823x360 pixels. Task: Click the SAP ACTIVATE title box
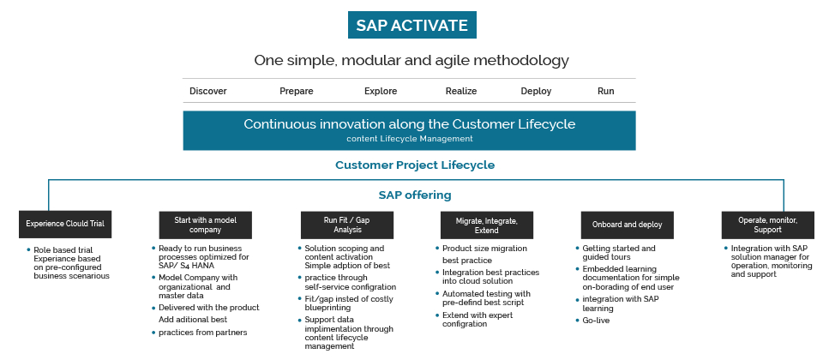(412, 25)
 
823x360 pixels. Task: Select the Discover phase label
(207, 92)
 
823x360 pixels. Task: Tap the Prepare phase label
(296, 92)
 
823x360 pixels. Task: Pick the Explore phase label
(381, 92)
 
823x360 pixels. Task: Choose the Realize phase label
(461, 92)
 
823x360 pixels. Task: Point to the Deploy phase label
(536, 92)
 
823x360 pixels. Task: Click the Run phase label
(606, 92)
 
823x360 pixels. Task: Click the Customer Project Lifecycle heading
(415, 165)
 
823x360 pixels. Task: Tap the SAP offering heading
(415, 195)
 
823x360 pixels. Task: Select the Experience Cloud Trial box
(65, 224)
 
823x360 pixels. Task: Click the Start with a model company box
(205, 225)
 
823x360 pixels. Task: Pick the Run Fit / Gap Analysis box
(347, 225)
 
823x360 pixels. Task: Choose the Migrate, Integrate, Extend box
(487, 225)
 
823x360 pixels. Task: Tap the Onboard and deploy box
(628, 225)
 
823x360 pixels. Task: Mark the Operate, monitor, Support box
(768, 225)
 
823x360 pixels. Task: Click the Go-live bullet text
(596, 321)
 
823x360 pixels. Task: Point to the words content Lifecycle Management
(410, 139)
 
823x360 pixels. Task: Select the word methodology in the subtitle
(521, 61)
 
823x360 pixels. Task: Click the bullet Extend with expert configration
(478, 320)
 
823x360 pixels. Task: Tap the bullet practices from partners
(202, 333)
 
